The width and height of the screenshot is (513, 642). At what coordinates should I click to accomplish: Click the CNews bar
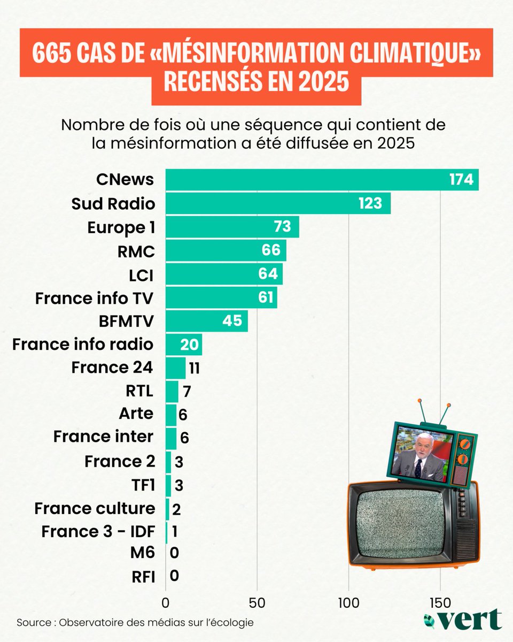point(321,180)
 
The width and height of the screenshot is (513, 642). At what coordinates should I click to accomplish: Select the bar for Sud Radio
point(278,203)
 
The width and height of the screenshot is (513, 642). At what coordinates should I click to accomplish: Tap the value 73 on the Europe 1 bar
point(282,227)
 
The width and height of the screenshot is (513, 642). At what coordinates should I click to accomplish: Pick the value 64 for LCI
point(268,274)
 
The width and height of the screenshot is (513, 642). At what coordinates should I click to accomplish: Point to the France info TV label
point(95,297)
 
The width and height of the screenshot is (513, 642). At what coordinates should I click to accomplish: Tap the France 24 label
point(113,368)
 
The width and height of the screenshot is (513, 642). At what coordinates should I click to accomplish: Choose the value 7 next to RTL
point(186,391)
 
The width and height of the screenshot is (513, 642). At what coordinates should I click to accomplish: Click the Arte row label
point(137,414)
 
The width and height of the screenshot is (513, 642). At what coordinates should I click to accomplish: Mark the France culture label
point(95,508)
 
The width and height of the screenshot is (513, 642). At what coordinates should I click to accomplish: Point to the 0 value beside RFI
point(174,576)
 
